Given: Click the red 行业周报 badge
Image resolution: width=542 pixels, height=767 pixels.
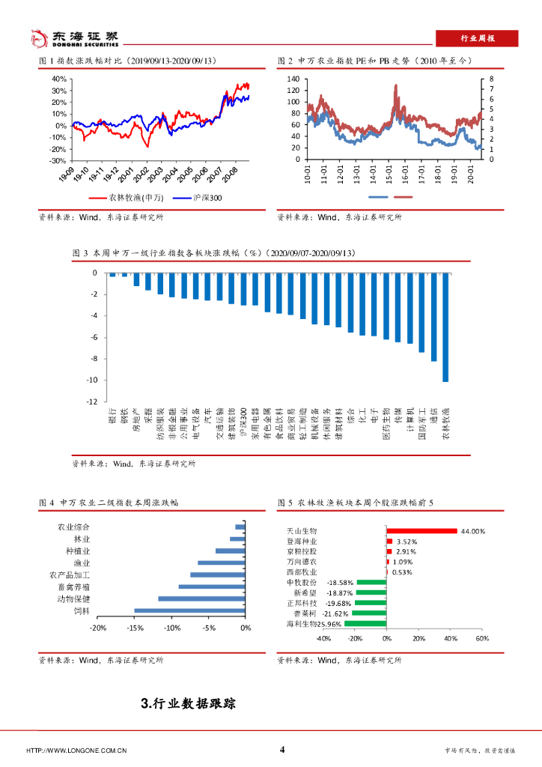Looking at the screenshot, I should [477, 38].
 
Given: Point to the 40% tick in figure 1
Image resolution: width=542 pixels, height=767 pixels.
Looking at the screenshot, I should [58, 79].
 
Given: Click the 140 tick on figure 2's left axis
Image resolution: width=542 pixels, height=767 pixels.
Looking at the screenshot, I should [293, 79].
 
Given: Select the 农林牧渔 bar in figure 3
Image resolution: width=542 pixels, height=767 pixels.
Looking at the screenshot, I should [445, 327].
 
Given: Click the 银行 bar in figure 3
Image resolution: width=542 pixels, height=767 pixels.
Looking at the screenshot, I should [112, 276].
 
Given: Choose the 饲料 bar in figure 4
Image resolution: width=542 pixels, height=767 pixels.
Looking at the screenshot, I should [190, 610].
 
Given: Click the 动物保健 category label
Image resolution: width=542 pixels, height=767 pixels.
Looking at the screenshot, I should [73, 598].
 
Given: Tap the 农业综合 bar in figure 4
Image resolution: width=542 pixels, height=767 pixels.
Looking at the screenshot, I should [240, 527].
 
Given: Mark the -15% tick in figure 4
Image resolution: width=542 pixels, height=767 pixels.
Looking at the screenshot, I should [135, 628].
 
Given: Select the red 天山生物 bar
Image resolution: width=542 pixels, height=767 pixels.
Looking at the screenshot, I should [421, 531].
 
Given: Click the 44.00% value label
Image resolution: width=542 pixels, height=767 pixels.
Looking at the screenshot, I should [473, 531].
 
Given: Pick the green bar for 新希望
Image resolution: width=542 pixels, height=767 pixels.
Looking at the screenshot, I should [371, 592].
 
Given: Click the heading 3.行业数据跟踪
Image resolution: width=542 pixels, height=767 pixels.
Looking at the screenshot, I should [188, 703].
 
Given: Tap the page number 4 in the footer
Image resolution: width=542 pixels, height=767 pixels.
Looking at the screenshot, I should [282, 750].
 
